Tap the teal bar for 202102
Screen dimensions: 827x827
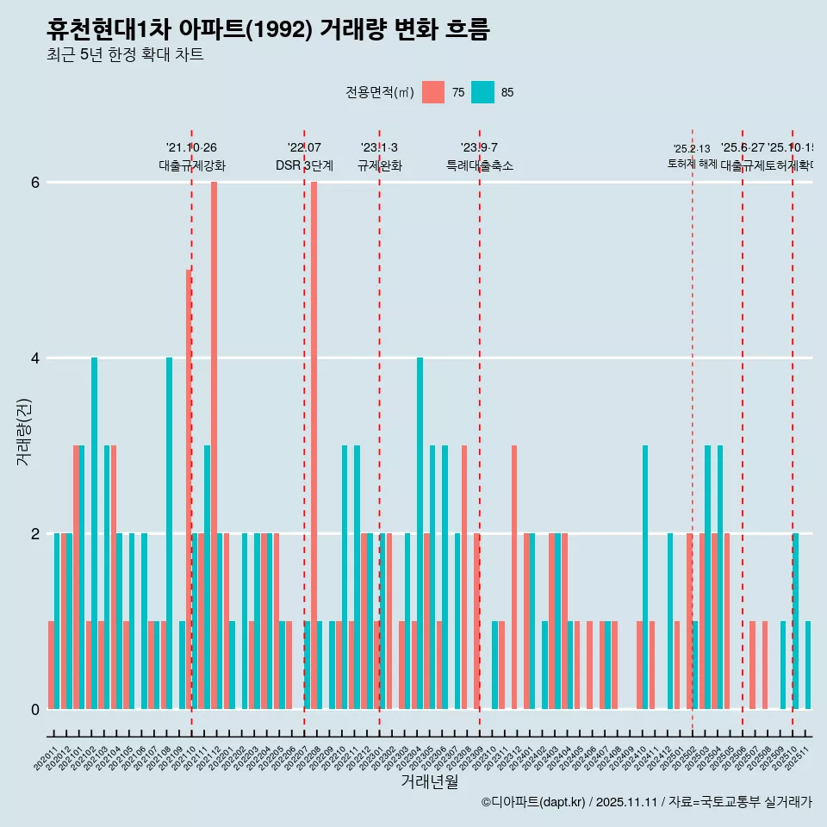coord(94,533)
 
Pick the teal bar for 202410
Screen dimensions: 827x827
coord(645,577)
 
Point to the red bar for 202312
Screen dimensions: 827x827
coord(514,577)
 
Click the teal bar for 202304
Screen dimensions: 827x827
coord(420,533)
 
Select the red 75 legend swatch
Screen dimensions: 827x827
coord(433,92)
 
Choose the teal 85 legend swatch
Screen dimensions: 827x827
coord(482,92)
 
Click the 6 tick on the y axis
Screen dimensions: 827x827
coord(35,183)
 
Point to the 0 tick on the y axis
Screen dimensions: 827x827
coord(35,709)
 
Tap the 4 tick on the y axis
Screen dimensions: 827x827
coord(35,358)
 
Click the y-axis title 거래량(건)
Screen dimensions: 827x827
coord(23,431)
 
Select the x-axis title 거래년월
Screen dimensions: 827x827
coord(429,781)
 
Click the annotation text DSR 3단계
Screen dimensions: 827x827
coord(304,165)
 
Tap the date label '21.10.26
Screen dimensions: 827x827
coord(191,147)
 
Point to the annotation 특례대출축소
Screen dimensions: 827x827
coord(479,165)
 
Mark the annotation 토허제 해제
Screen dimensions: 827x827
coord(692,163)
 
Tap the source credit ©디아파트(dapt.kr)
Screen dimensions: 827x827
coord(533,802)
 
